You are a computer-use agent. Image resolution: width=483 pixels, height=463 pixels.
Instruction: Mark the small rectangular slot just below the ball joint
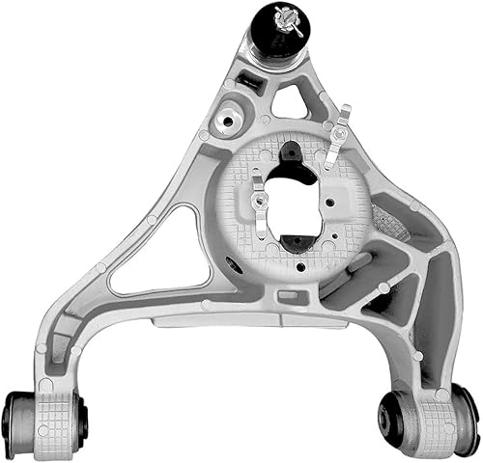coord(250,83)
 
